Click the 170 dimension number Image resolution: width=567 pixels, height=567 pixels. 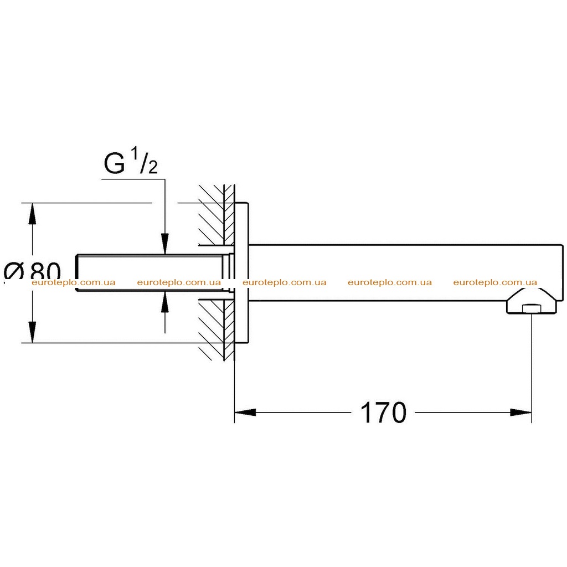(x=383, y=413)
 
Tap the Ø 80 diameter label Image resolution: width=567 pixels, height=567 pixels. (x=32, y=271)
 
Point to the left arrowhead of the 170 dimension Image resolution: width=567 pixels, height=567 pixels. (x=245, y=412)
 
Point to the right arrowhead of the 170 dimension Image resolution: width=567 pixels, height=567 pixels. (x=520, y=412)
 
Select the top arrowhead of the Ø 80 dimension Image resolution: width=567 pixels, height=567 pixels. (x=33, y=214)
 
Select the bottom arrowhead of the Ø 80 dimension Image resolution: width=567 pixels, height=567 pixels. (x=33, y=332)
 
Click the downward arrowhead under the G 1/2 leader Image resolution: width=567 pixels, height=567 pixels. (x=165, y=244)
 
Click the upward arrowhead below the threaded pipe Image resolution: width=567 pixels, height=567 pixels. (x=165, y=302)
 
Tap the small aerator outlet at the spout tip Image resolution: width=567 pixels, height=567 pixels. (x=531, y=309)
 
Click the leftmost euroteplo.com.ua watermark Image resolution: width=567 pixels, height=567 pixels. (x=74, y=282)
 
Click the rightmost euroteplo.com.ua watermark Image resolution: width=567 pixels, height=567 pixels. (x=495, y=282)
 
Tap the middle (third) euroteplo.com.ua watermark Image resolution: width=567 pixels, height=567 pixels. (x=284, y=282)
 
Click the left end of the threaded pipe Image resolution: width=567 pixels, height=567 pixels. (x=76, y=273)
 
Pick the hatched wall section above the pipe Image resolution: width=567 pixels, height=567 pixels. (x=217, y=215)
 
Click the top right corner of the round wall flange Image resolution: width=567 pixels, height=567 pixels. (x=249, y=203)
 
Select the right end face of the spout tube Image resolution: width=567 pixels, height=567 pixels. (x=563, y=272)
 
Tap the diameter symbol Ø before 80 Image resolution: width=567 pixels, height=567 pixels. (x=14, y=272)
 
